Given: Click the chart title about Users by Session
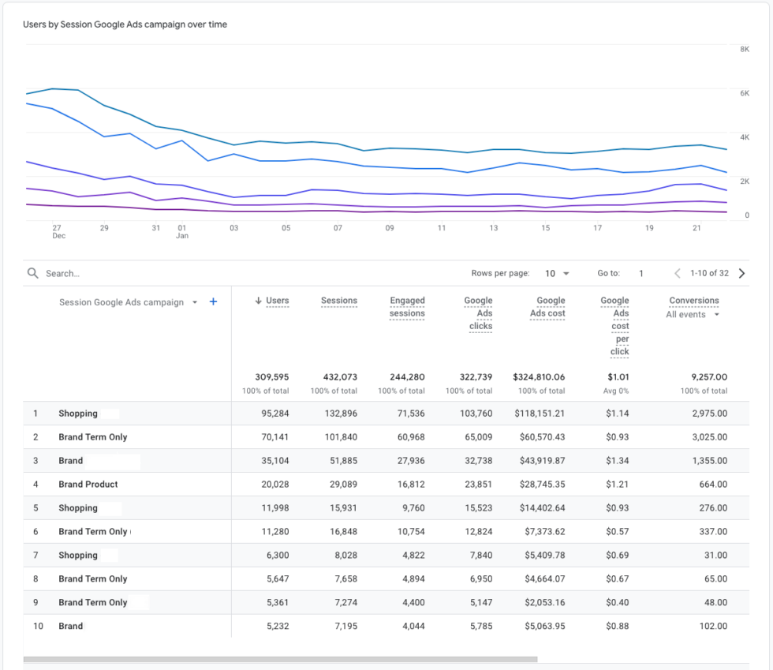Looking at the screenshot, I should pos(125,24).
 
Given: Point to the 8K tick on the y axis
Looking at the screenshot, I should pos(745,49).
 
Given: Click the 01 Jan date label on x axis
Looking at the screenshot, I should pos(182,231).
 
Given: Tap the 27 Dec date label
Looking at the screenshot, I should pos(58,231).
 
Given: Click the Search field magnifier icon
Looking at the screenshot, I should pos(33,273).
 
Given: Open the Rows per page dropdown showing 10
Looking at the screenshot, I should pos(557,273).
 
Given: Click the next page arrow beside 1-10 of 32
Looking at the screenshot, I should pos(741,273).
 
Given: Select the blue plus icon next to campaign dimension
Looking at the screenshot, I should pos(213,301).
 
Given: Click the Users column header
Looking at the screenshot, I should pos(277,301).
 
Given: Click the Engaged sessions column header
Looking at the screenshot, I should pos(407,307).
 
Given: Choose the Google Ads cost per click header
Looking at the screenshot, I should pos(620,326).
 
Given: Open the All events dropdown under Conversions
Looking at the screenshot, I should pos(693,314).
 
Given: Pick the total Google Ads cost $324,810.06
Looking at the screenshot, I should pos(539,377).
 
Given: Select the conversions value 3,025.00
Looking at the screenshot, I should pos(708,437).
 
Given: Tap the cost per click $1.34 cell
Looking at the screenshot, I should pos(618,461).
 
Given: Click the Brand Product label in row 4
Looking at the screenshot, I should pos(88,485).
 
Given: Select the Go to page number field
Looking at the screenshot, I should pos(641,273).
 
